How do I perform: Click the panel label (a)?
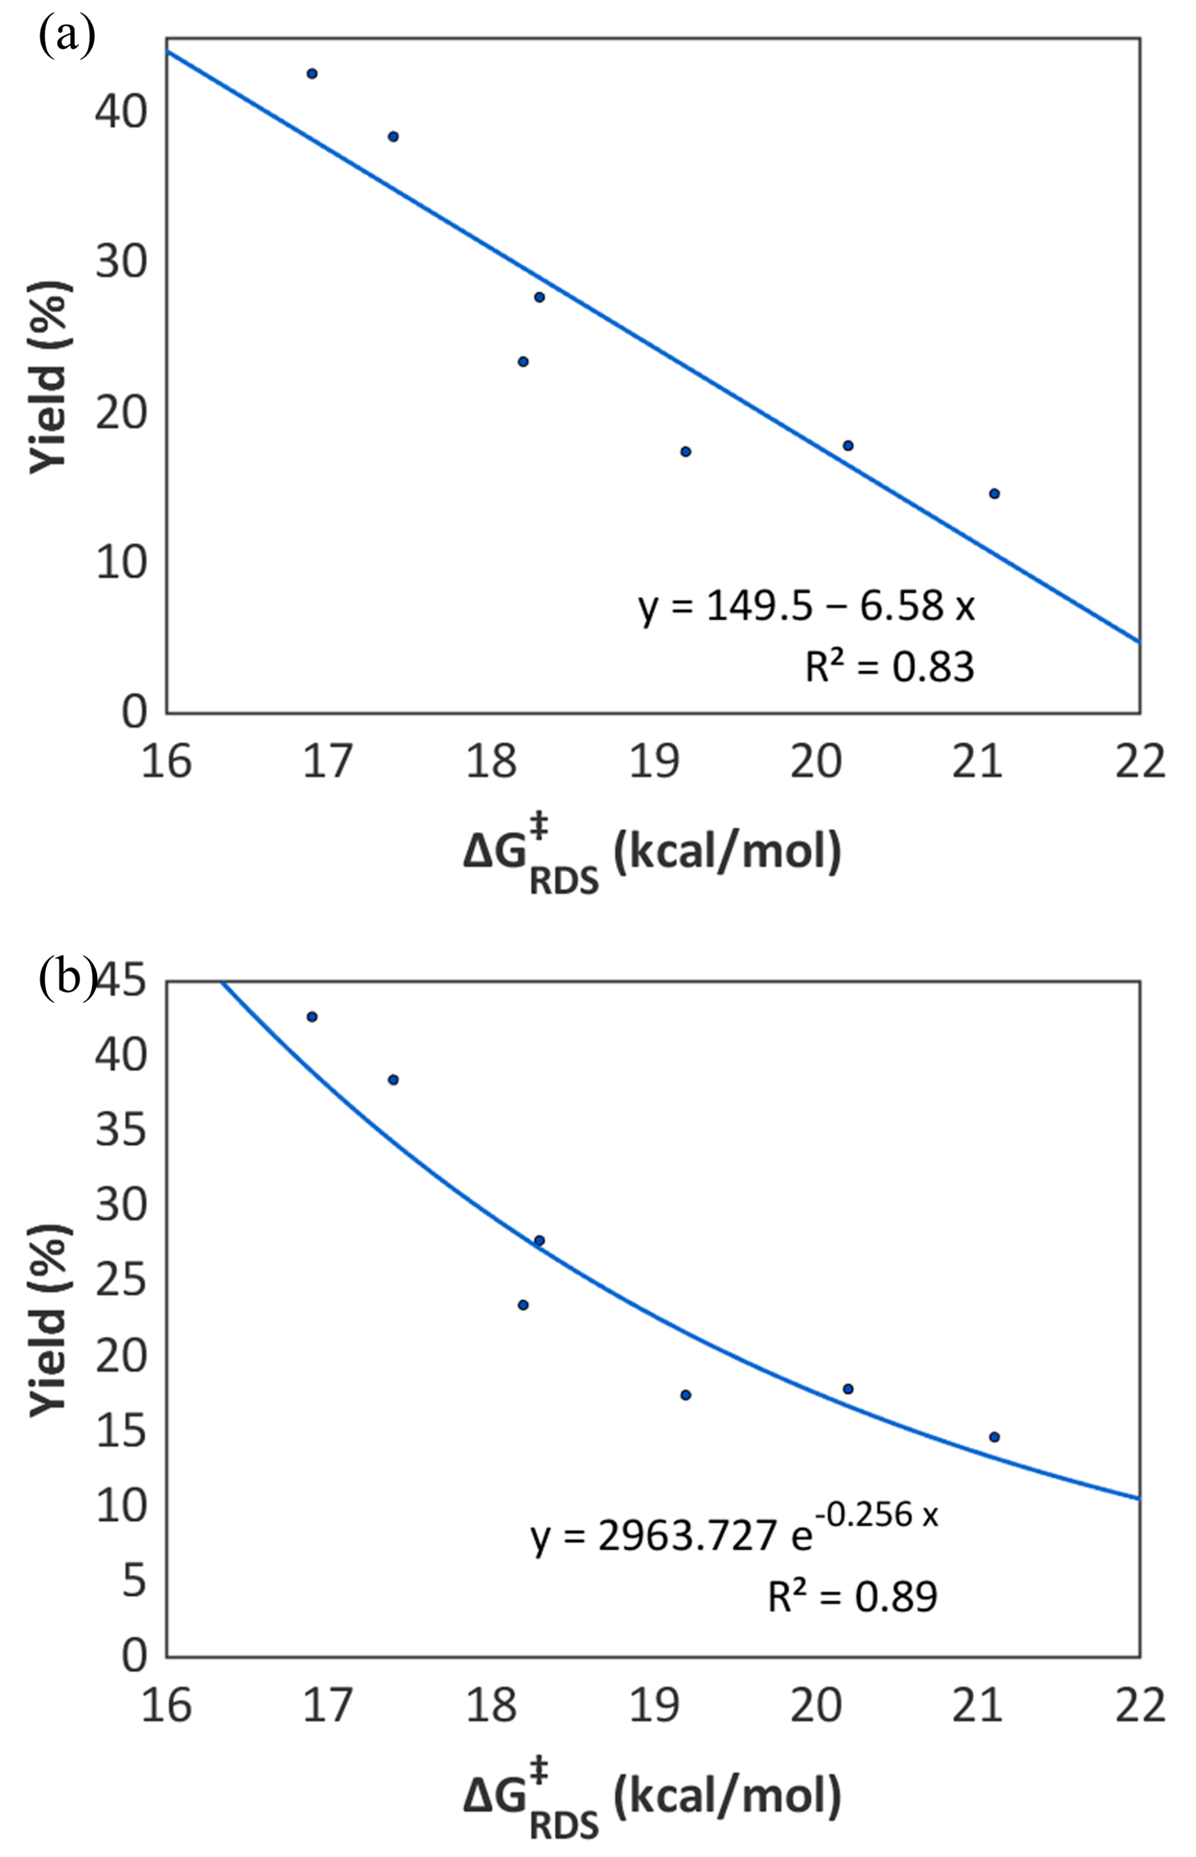[x=66, y=36]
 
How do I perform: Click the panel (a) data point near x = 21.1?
[x=994, y=493]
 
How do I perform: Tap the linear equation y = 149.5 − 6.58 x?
[x=806, y=606]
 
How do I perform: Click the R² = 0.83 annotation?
[x=889, y=666]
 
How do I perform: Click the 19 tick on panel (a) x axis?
[x=654, y=761]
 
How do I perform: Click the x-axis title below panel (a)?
[x=652, y=858]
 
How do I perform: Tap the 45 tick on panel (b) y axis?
[x=120, y=981]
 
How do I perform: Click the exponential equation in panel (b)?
[x=734, y=1527]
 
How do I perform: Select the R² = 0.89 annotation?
[x=853, y=1597]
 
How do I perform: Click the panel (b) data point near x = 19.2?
[x=686, y=1395]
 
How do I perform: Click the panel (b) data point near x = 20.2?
[x=848, y=1389]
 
